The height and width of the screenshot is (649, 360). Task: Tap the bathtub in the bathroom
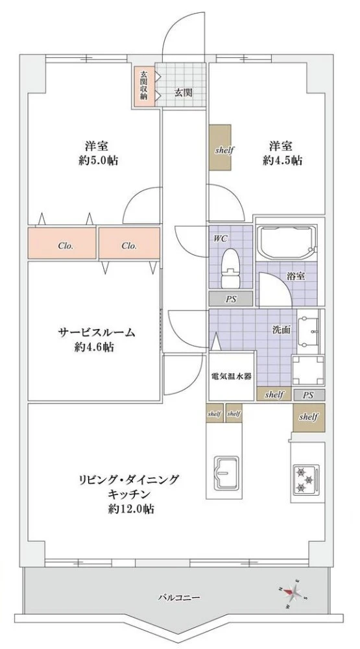point(285,243)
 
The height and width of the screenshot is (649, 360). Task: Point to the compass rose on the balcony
point(293,592)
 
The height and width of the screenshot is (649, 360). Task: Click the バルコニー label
point(178,597)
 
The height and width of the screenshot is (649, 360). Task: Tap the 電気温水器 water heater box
point(230,376)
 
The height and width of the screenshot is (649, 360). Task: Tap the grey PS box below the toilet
point(230,299)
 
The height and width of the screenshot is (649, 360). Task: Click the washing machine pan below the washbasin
point(307,371)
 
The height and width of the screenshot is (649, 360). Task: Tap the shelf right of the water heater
point(275,395)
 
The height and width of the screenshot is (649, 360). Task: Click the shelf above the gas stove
point(308,418)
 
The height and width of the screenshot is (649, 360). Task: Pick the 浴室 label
point(296,275)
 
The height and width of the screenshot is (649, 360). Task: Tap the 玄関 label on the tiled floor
point(183,92)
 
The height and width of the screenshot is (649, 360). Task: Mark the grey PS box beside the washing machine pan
point(308,395)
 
